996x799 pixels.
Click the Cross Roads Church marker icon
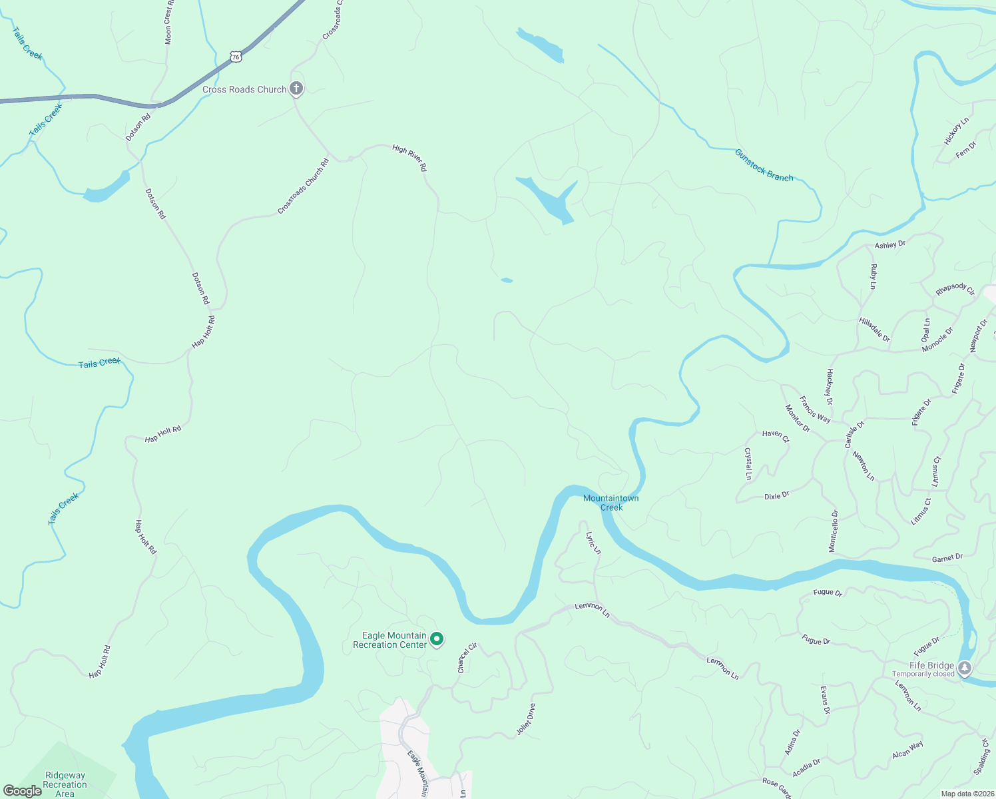click(x=296, y=89)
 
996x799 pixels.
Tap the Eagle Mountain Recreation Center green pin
click(x=437, y=639)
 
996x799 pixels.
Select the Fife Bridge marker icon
click(x=965, y=666)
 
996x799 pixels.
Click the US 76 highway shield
click(x=236, y=57)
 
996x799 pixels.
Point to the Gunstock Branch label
click(x=764, y=165)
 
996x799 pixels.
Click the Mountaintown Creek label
click(x=611, y=503)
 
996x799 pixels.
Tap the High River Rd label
click(x=409, y=158)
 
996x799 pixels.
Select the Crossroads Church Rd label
click(x=304, y=186)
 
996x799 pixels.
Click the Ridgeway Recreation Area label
click(x=65, y=784)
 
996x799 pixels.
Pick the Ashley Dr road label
click(x=890, y=244)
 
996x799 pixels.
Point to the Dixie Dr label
click(x=776, y=495)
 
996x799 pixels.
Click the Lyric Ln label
click(x=593, y=543)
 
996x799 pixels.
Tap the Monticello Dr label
click(x=834, y=531)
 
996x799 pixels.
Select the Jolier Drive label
click(x=525, y=720)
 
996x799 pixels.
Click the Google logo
click(x=23, y=791)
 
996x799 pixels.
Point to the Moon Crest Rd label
click(x=169, y=23)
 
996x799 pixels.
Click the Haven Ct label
click(x=776, y=436)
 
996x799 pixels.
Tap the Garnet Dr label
click(x=947, y=558)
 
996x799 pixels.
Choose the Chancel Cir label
click(x=467, y=658)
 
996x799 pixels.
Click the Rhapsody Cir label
click(x=955, y=290)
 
